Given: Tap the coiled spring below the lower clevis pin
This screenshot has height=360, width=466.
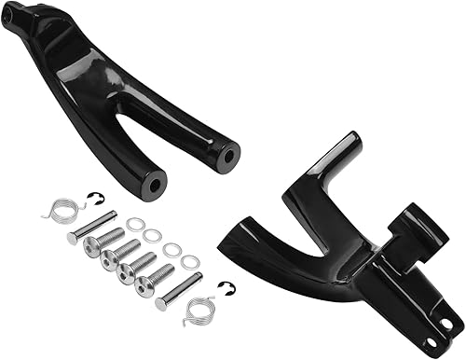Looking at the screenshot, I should pyautogui.click(x=199, y=310).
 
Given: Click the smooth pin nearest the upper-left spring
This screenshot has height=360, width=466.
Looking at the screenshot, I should pyautogui.click(x=93, y=227).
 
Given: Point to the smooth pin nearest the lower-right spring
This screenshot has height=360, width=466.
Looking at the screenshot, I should pyautogui.click(x=179, y=290).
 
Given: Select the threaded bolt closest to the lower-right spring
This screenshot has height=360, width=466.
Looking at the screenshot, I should pyautogui.click(x=154, y=276).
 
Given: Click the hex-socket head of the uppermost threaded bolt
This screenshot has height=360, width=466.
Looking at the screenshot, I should pyautogui.click(x=90, y=245).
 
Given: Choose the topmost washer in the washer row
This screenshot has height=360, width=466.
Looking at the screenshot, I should pyautogui.click(x=135, y=224).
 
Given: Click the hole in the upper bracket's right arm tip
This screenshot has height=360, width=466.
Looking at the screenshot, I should pyautogui.click(x=223, y=157).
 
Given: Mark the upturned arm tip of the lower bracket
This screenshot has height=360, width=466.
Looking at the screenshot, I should pyautogui.click(x=347, y=148).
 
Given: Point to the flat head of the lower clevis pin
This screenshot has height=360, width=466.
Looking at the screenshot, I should pyautogui.click(x=161, y=302).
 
